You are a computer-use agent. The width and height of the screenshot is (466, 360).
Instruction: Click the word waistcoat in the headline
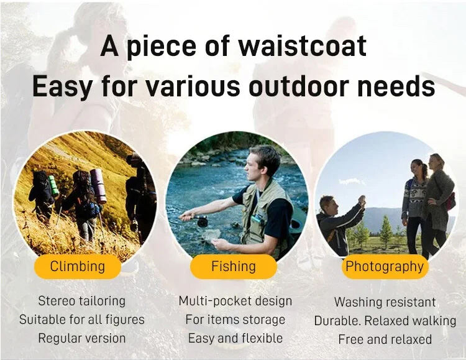tap(303, 47)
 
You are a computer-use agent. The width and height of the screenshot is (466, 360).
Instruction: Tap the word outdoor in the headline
tap(299, 86)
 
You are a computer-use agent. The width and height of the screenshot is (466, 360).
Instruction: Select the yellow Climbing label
tap(78, 266)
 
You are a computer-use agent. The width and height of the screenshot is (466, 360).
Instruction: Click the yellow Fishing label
tap(234, 266)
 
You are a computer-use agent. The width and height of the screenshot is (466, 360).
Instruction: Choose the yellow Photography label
tap(385, 267)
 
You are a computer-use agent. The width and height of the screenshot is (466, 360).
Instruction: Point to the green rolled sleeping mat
tap(53, 186)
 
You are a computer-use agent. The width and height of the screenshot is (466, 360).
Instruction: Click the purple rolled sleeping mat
tap(98, 186)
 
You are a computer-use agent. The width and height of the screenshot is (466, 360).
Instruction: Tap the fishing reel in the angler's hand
tap(203, 221)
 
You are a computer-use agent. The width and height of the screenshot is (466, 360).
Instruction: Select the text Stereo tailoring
tap(82, 301)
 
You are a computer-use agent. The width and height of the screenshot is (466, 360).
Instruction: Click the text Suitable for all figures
tap(82, 320)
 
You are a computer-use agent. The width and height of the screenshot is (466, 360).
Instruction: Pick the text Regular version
tap(82, 338)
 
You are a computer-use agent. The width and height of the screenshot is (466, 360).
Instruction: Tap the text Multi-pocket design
tap(235, 301)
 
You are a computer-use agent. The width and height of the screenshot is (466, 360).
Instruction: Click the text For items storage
tap(235, 320)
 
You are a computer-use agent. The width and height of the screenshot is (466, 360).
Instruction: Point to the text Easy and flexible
tap(235, 338)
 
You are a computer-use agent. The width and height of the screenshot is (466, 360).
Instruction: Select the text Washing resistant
tap(385, 302)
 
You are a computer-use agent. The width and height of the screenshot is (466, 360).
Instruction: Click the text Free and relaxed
tap(385, 339)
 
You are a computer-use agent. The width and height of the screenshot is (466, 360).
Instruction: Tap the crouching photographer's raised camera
tap(362, 200)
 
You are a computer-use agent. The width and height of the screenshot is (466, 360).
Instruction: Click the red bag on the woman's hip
tap(450, 201)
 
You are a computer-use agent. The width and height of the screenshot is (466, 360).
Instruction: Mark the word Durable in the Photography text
tap(337, 321)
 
